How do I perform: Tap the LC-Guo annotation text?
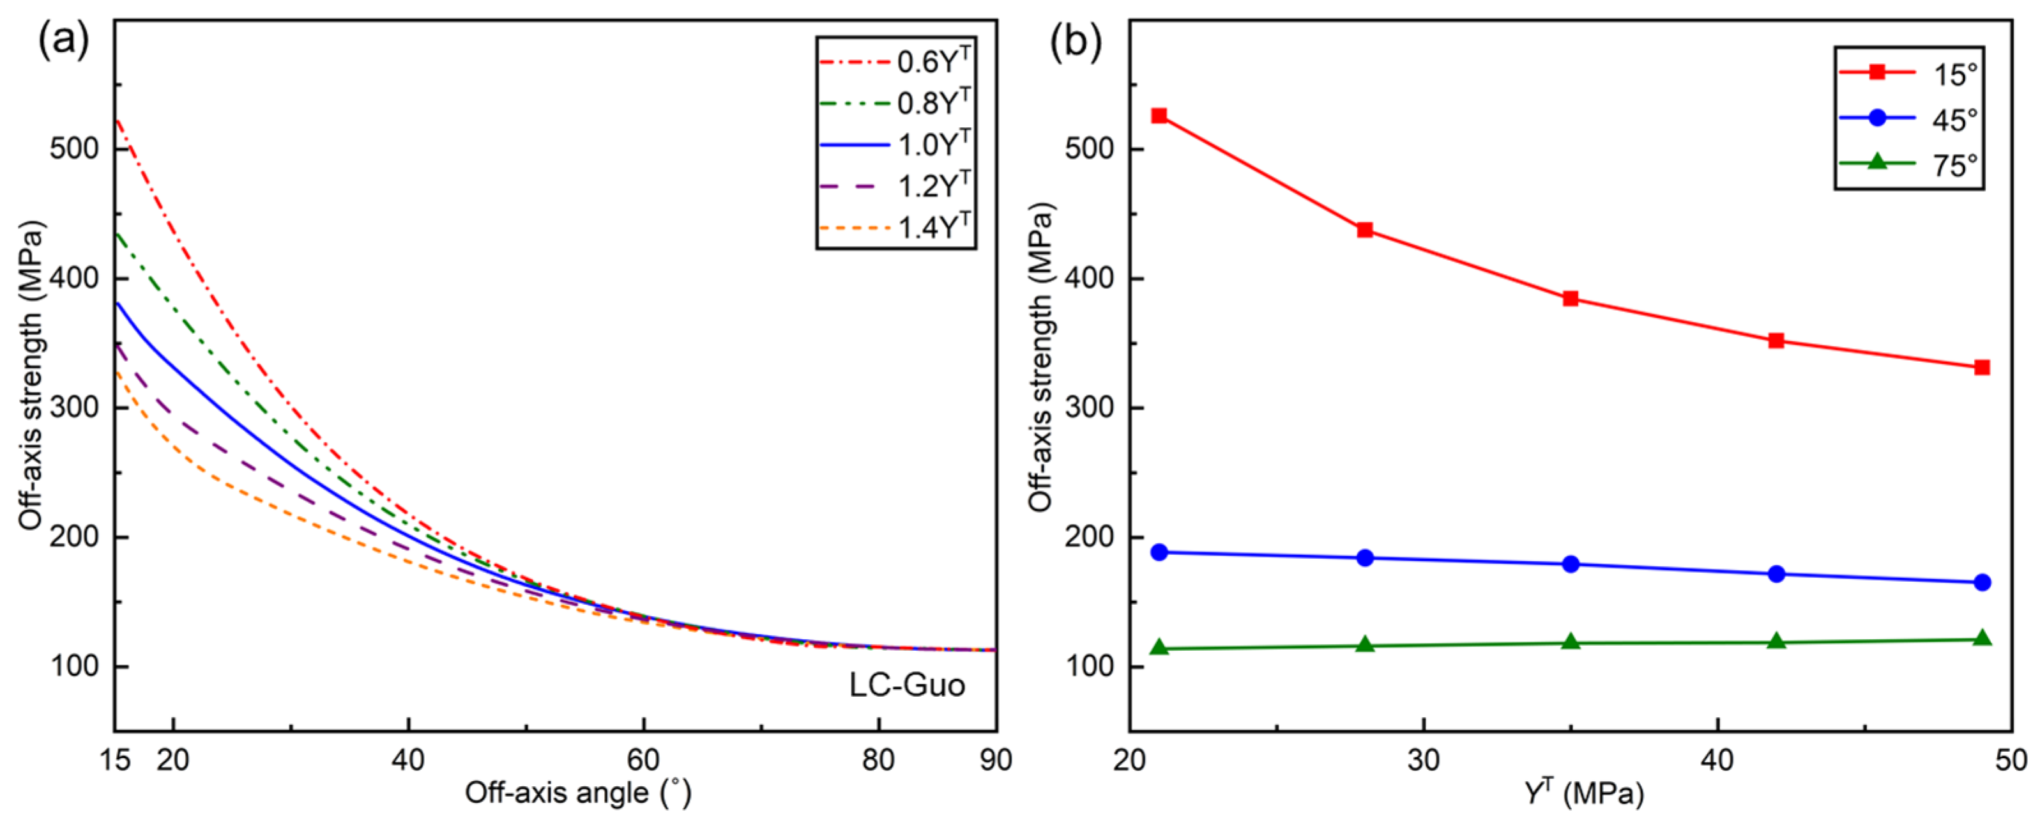(907, 685)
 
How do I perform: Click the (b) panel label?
(1076, 41)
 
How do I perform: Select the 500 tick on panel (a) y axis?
(75, 149)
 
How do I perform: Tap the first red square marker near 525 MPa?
(1159, 116)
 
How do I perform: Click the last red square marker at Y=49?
(1982, 368)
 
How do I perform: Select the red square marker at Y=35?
(1571, 299)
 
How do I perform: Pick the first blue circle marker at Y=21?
(1159, 552)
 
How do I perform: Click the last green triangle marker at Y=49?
(1982, 639)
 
